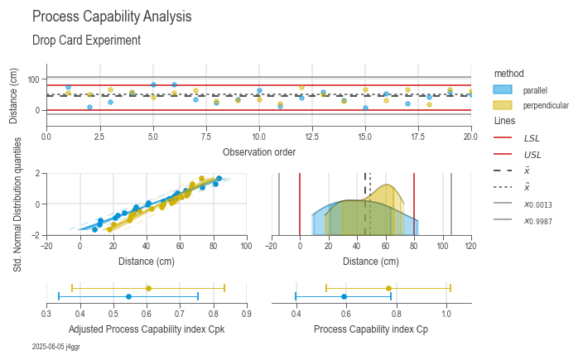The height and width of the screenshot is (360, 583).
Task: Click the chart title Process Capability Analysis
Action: (112, 17)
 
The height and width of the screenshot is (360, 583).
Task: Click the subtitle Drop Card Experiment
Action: (86, 40)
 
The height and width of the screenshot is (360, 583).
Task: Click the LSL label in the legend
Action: (531, 137)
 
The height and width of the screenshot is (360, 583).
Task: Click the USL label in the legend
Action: (531, 154)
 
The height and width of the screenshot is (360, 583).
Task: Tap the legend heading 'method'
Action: (508, 73)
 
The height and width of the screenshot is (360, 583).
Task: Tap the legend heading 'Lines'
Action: (505, 121)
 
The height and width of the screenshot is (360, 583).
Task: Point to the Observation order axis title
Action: (258, 151)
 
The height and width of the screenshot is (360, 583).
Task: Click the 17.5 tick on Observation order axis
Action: (417, 135)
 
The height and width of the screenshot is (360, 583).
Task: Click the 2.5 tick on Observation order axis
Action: (99, 135)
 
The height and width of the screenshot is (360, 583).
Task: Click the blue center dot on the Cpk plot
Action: (128, 296)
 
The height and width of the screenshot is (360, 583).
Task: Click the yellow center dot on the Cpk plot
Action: (148, 288)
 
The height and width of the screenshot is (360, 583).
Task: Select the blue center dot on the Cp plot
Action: (344, 296)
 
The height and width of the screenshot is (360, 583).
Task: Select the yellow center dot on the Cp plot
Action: (388, 288)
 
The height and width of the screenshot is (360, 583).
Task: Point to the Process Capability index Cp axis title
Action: (371, 329)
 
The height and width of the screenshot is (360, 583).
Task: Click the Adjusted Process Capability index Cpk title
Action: (146, 329)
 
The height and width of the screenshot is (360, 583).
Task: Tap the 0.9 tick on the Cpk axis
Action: (246, 314)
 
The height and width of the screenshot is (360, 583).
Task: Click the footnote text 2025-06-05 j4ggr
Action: (56, 347)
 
